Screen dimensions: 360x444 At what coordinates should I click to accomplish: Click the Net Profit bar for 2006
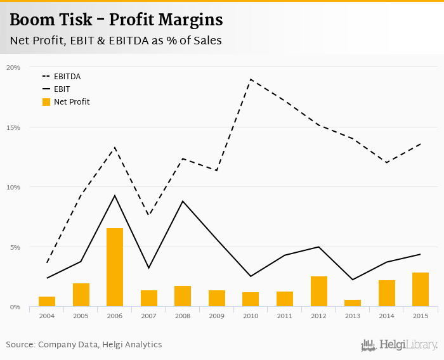pyautogui.click(x=115, y=267)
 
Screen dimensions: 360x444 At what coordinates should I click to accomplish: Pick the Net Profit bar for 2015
pyautogui.click(x=421, y=290)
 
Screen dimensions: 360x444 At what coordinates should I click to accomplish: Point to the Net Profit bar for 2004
pyautogui.click(x=47, y=302)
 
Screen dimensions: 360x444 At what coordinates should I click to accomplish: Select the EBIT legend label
pyautogui.click(x=62, y=89)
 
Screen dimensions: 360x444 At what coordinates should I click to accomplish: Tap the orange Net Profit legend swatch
pyautogui.click(x=46, y=101)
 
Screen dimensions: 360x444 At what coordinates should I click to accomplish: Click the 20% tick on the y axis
pyautogui.click(x=13, y=67)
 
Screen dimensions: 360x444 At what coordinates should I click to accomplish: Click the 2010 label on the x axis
pyautogui.click(x=251, y=316)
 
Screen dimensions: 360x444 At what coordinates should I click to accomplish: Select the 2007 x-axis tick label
pyautogui.click(x=148, y=316)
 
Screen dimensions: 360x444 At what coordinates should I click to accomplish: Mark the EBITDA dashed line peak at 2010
pyautogui.click(x=251, y=79)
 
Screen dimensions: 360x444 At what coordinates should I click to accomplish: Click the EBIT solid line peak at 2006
pyautogui.click(x=115, y=195)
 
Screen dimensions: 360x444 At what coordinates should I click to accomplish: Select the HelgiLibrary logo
pyautogui.click(x=399, y=345)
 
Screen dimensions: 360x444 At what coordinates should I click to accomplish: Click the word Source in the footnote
pyautogui.click(x=20, y=345)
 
